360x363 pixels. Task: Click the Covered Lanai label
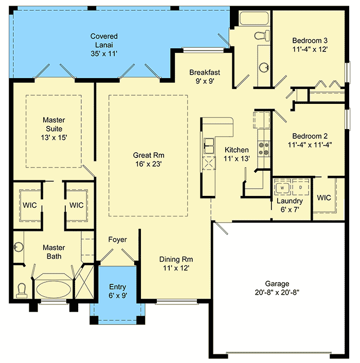coord(104,41)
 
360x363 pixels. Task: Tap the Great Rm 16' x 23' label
coord(149,159)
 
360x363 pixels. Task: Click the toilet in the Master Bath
coord(22,291)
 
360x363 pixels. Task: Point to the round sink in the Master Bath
coord(19,247)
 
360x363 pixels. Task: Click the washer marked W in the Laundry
coord(282,188)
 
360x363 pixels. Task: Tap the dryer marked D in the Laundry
coord(300,187)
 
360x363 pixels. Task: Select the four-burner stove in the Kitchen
coord(264,149)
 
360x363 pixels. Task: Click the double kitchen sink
coord(209,146)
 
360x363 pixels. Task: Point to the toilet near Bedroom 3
coord(263,35)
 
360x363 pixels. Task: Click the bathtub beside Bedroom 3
coord(254,18)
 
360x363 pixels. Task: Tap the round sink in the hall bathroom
coord(264,67)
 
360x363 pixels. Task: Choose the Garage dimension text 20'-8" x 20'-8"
coord(277,293)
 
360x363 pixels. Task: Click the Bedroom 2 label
coord(310,136)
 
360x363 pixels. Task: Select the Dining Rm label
coord(176,259)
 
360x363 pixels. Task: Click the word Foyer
coord(117,240)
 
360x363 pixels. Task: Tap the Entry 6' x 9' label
coord(118,291)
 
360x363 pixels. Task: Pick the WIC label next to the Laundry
coord(323,198)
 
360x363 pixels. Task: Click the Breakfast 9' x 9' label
coord(205,77)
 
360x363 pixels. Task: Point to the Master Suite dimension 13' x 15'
coord(53,138)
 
